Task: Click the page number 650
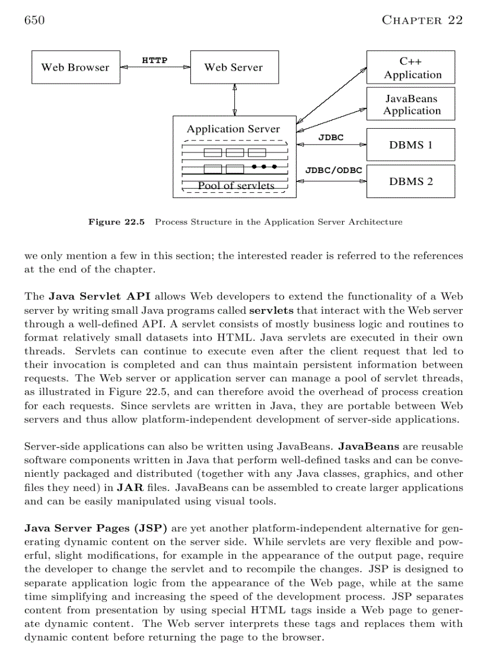(x=34, y=20)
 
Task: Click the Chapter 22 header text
(x=422, y=20)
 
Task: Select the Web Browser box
(x=75, y=68)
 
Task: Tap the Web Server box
(x=233, y=68)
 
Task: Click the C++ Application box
(x=411, y=68)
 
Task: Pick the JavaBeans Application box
(x=411, y=104)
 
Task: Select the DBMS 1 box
(x=411, y=145)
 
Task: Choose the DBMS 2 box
(x=411, y=181)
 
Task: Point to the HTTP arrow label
(x=154, y=60)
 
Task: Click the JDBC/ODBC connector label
(x=333, y=170)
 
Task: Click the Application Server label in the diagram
(x=233, y=129)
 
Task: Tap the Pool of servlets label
(x=236, y=186)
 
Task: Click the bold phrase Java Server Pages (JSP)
(x=95, y=528)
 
